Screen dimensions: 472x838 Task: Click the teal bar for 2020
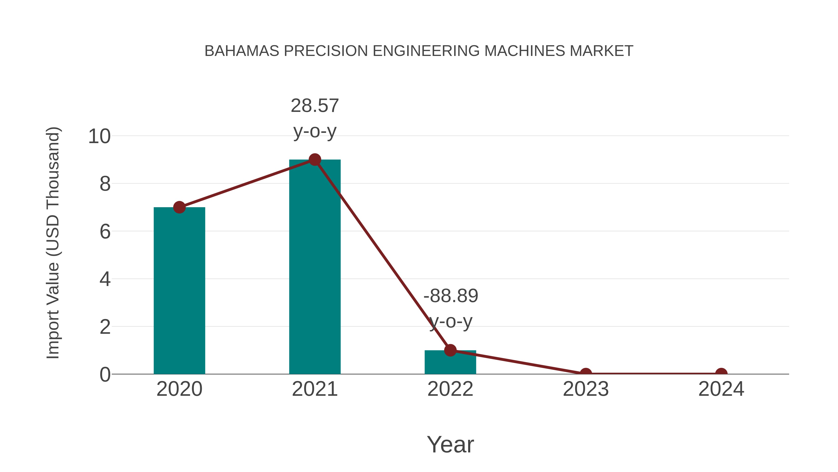(179, 290)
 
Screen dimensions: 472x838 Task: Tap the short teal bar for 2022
(450, 362)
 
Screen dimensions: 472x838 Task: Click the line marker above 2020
(179, 207)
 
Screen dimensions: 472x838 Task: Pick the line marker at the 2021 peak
(314, 160)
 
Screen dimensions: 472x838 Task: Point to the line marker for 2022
(450, 350)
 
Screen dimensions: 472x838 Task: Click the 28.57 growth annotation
(314, 106)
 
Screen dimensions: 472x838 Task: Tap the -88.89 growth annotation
(451, 296)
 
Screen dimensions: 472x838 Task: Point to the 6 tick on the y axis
(105, 232)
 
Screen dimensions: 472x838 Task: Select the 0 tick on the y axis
(105, 375)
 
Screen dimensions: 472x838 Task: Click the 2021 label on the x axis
(314, 389)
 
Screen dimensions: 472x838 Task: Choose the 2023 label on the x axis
(586, 389)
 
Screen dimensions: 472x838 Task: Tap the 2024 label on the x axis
(721, 389)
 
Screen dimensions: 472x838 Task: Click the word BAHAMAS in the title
(242, 51)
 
